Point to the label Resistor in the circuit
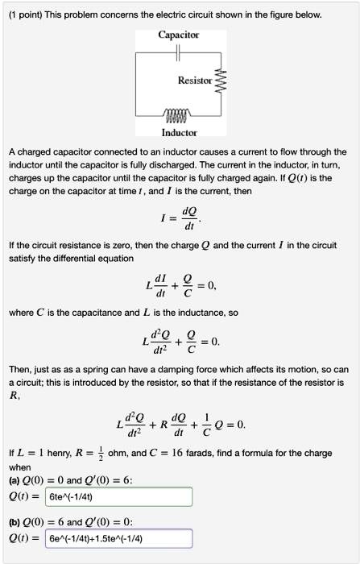[x=196, y=81]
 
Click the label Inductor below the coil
[x=180, y=131]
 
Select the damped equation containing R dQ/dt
[x=180, y=424]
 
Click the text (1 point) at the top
[x=28, y=15]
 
